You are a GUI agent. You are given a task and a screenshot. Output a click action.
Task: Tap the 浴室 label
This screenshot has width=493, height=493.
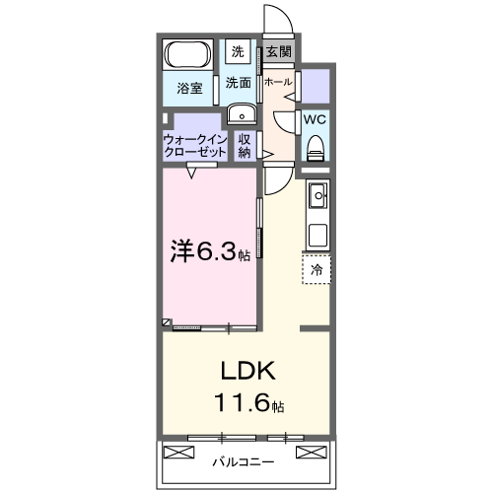[190, 88]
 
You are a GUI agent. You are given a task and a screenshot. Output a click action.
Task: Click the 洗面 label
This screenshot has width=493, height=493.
[238, 83]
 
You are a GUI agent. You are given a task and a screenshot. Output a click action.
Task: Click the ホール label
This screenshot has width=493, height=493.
[278, 82]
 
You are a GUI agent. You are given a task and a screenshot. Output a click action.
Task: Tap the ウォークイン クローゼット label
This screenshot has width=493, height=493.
[194, 146]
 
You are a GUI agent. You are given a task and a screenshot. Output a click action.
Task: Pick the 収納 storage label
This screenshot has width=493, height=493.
[245, 146]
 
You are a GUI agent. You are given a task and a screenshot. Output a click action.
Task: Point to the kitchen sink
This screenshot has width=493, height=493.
[317, 198]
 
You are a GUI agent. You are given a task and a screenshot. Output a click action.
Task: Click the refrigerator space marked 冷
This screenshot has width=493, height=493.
[317, 269]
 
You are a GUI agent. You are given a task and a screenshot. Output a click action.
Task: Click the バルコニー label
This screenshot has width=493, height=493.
[243, 460]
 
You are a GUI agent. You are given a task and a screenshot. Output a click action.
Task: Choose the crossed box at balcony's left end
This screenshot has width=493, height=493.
[179, 454]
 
